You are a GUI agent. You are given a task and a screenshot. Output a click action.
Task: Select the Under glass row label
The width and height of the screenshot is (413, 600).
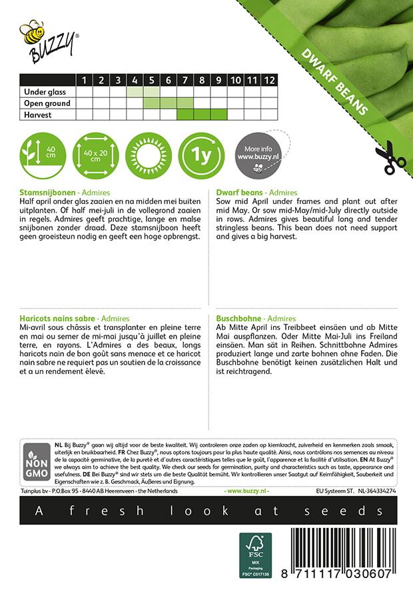pyautogui.click(x=43, y=91)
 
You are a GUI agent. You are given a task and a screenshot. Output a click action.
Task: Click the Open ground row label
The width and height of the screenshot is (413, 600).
pyautogui.click(x=47, y=103)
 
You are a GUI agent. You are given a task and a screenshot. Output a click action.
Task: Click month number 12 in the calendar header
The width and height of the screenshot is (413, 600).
pyautogui.click(x=268, y=80)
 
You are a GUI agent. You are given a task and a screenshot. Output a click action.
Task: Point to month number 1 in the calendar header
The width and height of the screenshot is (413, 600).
pyautogui.click(x=85, y=80)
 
